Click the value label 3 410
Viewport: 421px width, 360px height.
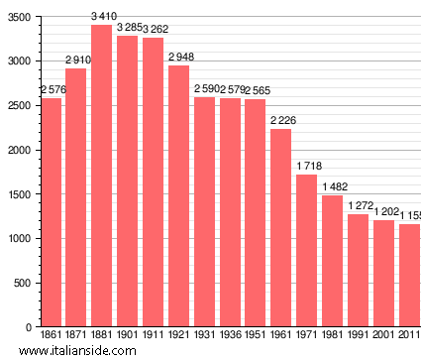click(x=102, y=17)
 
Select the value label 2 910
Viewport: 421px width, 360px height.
click(x=76, y=60)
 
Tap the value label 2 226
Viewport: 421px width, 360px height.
click(x=281, y=121)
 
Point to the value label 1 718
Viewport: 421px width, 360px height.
click(x=307, y=167)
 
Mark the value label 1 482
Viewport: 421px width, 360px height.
click(x=333, y=187)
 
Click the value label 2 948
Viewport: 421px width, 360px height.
click(x=179, y=57)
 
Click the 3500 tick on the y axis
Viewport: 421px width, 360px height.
click(x=18, y=17)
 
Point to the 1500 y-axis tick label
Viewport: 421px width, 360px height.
click(x=18, y=194)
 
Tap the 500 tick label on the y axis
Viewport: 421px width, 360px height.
click(x=21, y=283)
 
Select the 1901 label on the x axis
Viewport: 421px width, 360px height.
click(x=128, y=335)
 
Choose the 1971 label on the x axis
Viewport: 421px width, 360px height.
click(x=307, y=335)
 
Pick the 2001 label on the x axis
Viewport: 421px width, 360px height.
click(x=383, y=335)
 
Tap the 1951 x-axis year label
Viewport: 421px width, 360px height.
click(x=256, y=335)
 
